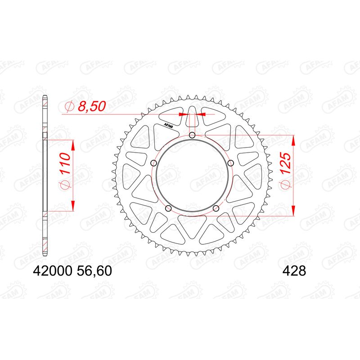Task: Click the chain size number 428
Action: tap(294, 271)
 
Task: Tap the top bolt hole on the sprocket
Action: tap(192, 135)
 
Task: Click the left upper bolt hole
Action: tap(154, 163)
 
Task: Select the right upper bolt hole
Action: tap(230, 163)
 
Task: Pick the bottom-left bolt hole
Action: tap(168, 208)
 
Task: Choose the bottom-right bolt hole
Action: tap(216, 208)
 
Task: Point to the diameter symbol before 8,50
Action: tap(69, 107)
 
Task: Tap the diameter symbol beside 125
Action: tap(287, 184)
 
